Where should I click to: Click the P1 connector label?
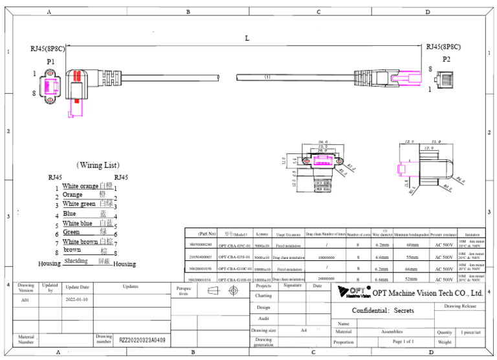[x=50, y=62]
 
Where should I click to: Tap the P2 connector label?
[x=446, y=59]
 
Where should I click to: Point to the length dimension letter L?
[x=247, y=38]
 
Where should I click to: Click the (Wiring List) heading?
[x=98, y=166]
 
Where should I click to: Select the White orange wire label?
[x=80, y=186]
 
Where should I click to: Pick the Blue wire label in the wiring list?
[x=69, y=214]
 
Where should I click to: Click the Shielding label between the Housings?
[x=76, y=262]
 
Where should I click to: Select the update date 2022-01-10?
[x=78, y=300]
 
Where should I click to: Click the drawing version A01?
[x=25, y=300]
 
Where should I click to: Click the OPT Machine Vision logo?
[x=352, y=292]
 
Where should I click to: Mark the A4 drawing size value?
[x=304, y=330]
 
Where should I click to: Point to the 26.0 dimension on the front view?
[x=322, y=141]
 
